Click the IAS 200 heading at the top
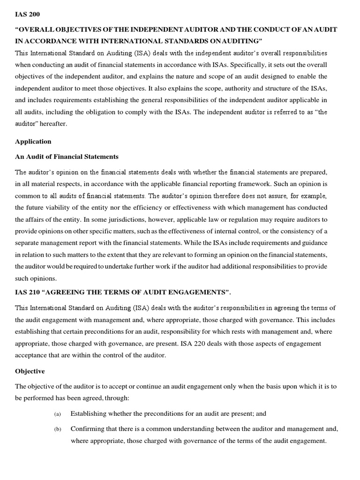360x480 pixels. point(27,15)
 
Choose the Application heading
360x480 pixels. point(33,141)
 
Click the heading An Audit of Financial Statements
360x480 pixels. point(67,157)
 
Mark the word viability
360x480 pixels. point(64,207)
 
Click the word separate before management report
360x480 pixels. point(29,243)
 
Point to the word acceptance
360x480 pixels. point(31,355)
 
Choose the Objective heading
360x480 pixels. point(30,371)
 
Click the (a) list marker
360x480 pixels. point(58,414)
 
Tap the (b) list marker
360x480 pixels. point(58,429)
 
